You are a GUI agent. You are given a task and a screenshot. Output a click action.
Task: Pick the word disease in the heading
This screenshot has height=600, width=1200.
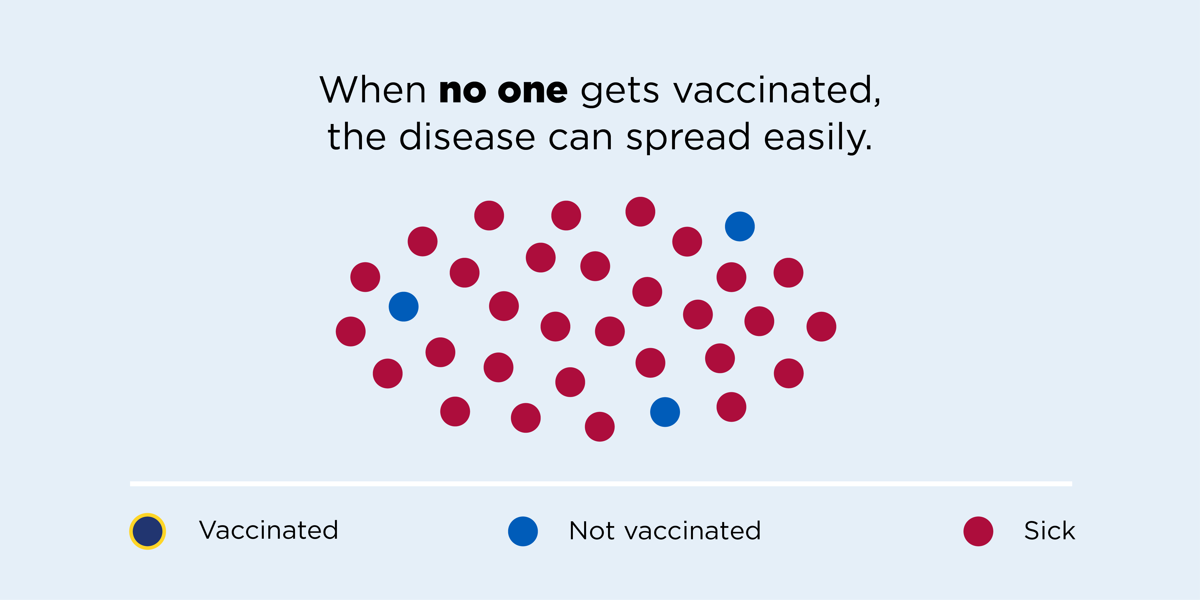click(467, 137)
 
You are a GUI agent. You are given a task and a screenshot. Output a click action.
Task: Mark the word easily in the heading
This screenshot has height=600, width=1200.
click(818, 138)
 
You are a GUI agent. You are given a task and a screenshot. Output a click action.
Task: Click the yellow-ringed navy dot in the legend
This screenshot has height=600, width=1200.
click(147, 531)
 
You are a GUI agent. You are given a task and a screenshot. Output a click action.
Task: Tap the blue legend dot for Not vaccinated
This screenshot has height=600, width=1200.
click(523, 531)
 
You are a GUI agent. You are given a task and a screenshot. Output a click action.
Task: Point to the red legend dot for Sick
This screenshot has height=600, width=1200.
click(978, 531)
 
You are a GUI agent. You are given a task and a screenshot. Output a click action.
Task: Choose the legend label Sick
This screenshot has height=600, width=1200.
click(1050, 530)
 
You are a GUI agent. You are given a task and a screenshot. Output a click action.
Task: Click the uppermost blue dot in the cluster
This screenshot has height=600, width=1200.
click(740, 226)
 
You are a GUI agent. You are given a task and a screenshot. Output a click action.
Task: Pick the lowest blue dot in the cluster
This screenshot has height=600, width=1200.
click(665, 412)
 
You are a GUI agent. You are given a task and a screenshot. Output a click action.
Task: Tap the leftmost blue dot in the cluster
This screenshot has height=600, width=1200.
click(403, 306)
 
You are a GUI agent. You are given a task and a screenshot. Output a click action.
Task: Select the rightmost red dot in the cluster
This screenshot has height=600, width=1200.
click(821, 326)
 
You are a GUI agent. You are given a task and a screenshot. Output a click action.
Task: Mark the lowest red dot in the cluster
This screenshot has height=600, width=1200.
click(600, 427)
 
